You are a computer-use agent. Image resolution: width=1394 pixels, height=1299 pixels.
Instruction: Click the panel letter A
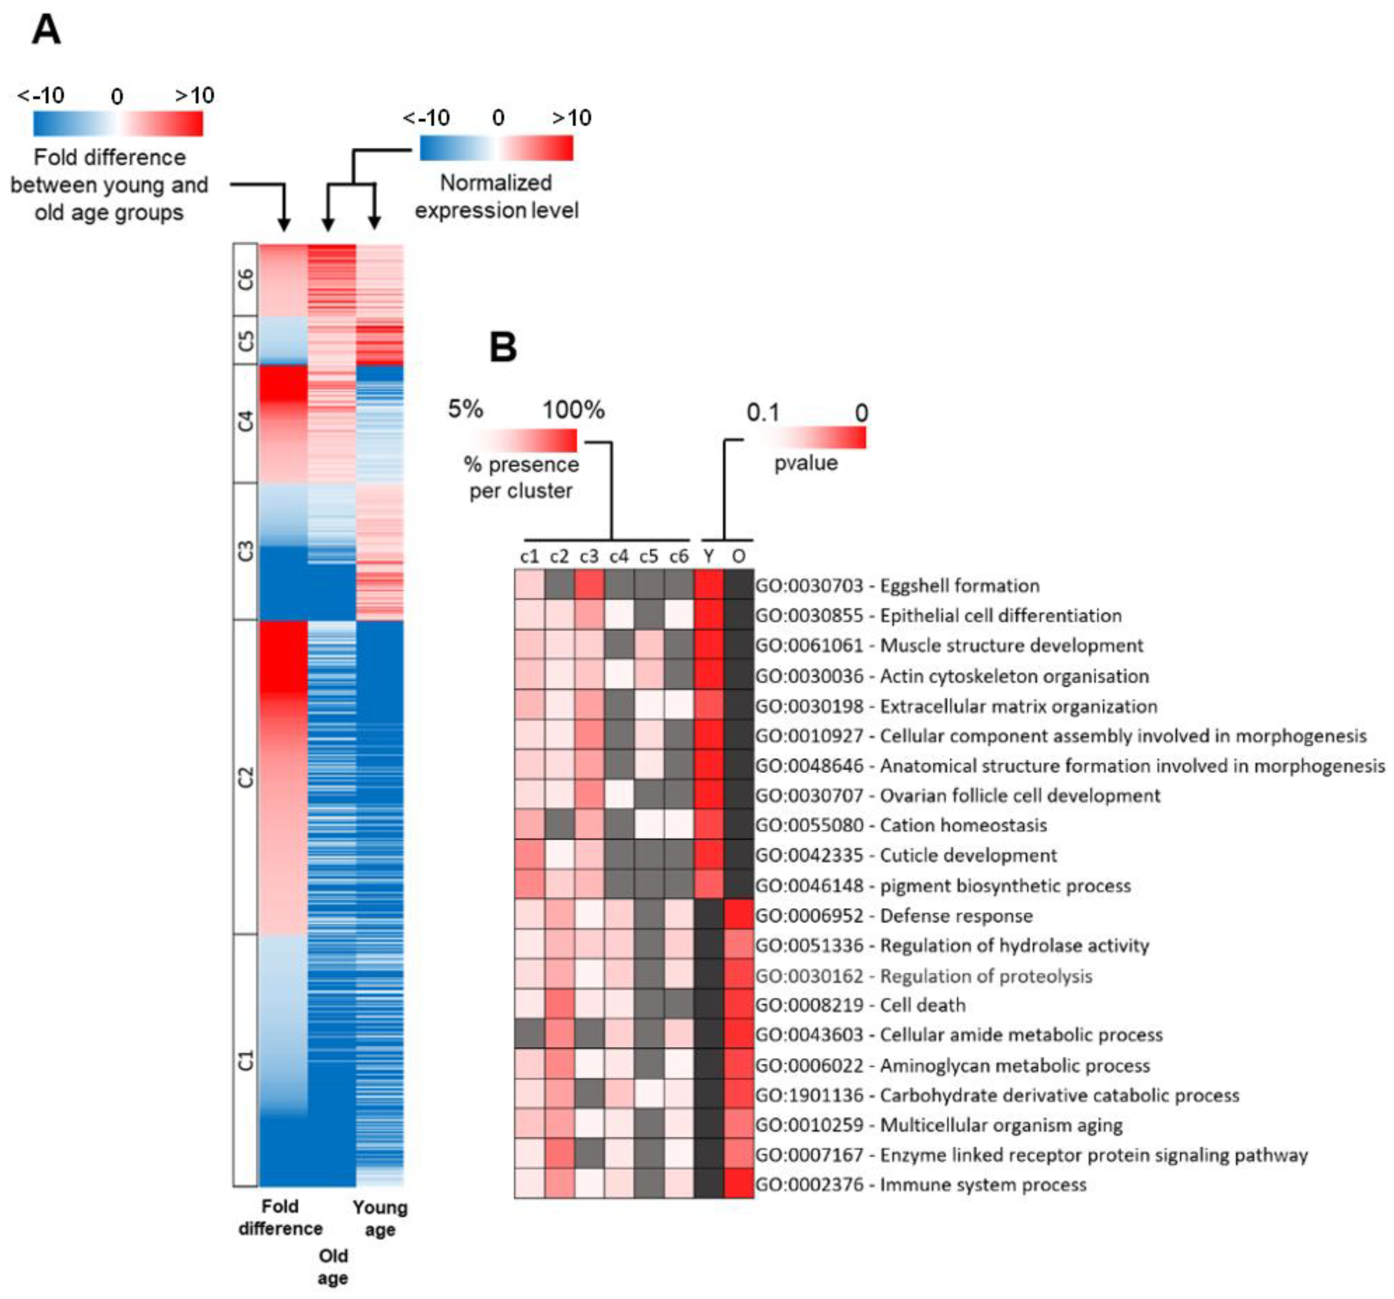(x=46, y=31)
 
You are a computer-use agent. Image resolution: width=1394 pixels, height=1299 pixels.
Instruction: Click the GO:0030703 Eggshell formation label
(x=897, y=586)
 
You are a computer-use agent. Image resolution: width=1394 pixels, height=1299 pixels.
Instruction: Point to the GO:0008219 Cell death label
(x=860, y=1005)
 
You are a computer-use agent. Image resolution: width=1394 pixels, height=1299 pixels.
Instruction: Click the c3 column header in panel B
(x=589, y=557)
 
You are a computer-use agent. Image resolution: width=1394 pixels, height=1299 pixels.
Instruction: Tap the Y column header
(x=709, y=557)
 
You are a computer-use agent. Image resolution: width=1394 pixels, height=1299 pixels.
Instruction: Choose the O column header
(x=738, y=557)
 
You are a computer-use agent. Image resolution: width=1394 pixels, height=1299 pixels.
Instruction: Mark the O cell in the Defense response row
(x=738, y=915)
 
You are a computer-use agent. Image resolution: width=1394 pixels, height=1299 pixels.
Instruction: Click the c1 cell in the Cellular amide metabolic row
(x=529, y=1034)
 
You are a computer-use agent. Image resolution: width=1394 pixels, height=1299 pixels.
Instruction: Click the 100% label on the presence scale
(x=573, y=410)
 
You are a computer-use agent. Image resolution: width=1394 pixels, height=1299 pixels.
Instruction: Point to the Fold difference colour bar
(x=118, y=124)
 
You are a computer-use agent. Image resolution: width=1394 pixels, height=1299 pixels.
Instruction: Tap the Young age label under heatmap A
(x=379, y=1218)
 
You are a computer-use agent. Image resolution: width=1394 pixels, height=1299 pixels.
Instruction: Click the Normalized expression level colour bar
(x=497, y=148)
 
